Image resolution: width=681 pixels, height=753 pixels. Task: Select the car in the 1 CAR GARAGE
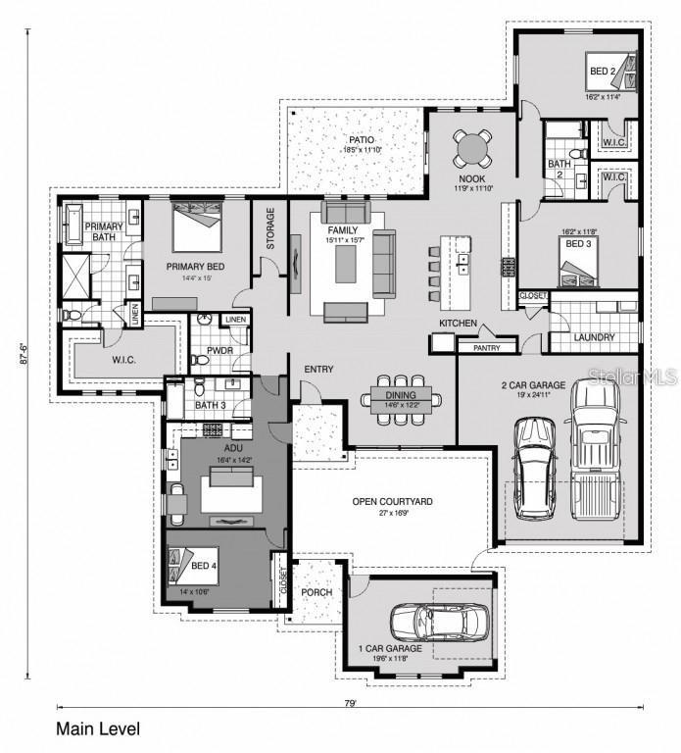440,620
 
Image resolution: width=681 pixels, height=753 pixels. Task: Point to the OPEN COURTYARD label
393,502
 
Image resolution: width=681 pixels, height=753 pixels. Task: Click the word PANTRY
487,347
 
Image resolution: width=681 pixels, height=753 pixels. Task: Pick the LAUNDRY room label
595,337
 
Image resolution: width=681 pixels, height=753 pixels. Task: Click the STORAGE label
270,228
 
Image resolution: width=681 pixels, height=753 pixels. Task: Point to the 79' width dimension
350,704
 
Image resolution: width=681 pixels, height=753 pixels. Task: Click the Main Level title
98,729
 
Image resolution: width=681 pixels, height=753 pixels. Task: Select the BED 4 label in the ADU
203,566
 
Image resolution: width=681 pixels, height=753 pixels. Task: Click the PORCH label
317,592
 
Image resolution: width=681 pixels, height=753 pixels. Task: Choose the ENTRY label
318,370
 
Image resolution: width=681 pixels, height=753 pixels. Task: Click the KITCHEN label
458,323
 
